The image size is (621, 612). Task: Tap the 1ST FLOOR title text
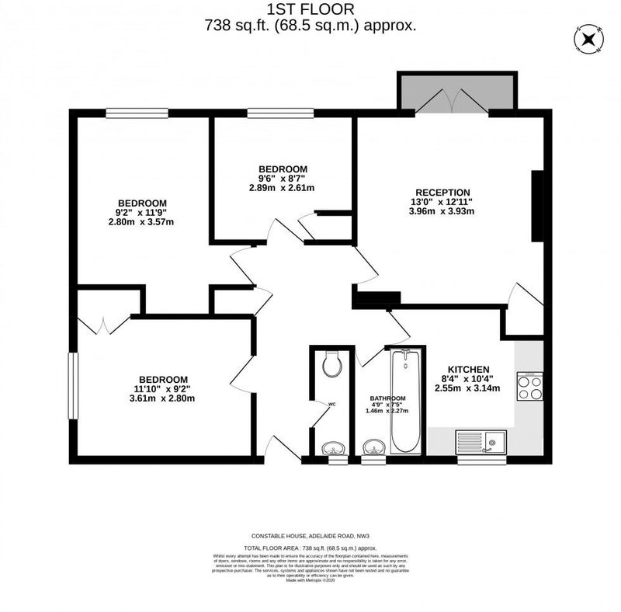pos(310,9)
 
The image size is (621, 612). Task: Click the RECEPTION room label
pos(442,193)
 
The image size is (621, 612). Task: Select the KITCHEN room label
pos(468,369)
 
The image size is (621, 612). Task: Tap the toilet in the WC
pos(331,363)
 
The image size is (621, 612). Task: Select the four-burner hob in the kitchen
pos(529,387)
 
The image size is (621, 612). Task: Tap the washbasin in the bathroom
pos(373,448)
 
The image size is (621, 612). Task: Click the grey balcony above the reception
pos(456,92)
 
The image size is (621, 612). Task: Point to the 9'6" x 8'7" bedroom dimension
pos(282,179)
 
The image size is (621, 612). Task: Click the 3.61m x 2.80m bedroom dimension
pos(163,398)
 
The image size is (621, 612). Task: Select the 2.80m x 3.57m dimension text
pos(141,222)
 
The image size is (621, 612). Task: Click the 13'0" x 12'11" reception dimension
pos(442,203)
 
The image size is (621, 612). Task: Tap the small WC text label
pos(331,405)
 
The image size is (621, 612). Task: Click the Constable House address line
pos(310,536)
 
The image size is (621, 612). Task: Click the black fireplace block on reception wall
pos(536,206)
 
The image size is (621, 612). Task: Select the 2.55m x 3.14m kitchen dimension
pos(468,388)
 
